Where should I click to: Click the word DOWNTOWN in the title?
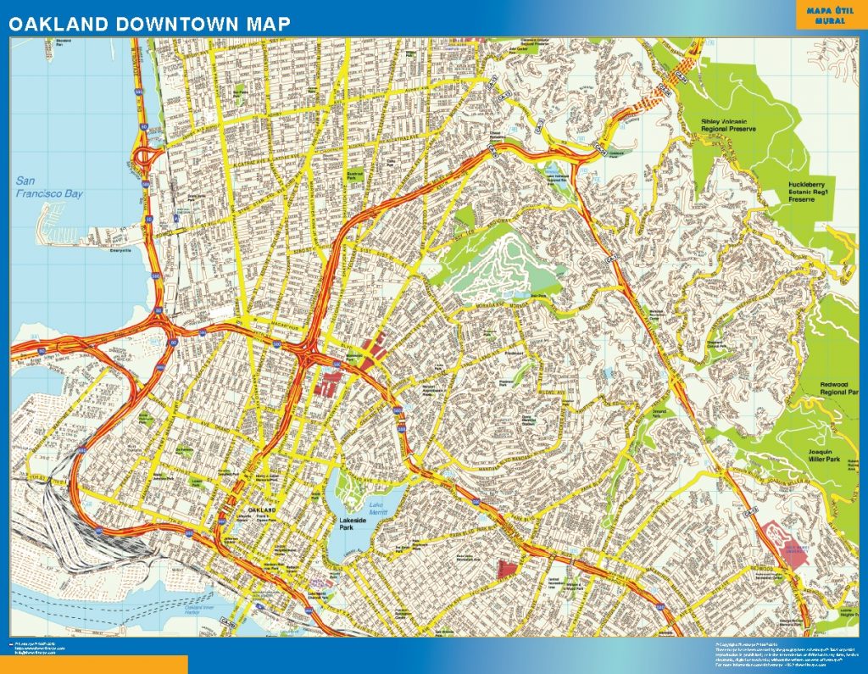coord(170,23)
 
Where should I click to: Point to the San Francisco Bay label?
coord(50,187)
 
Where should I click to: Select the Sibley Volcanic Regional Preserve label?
coord(727,125)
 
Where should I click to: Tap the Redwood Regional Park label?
coord(839,390)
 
